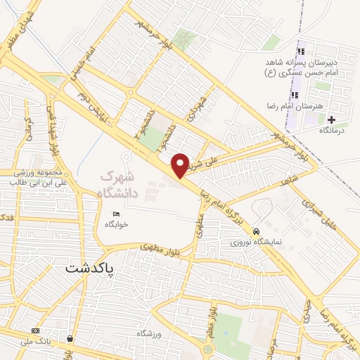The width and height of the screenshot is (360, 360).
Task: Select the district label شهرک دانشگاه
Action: [x=127, y=181]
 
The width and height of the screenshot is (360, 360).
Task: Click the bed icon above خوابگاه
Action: [x=116, y=214]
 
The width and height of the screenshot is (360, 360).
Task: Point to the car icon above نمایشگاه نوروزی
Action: [x=257, y=231]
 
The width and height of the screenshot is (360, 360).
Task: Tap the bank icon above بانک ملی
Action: [x=35, y=330]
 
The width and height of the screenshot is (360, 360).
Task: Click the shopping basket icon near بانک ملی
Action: [x=70, y=338]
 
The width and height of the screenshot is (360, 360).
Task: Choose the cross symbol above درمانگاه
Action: [x=331, y=120]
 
